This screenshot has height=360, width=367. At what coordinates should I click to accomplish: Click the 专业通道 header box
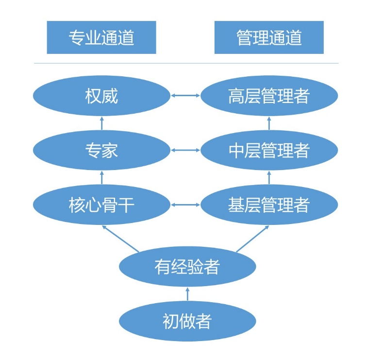pos(101,37)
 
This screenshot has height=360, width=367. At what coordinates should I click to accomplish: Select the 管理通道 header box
pos(269,37)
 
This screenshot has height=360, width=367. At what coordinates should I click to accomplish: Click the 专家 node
pos(101,151)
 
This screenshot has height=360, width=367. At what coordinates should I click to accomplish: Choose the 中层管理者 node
pos(269,151)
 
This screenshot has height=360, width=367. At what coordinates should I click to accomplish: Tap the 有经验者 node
pos(187,266)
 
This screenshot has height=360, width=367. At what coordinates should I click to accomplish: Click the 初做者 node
pos(187,321)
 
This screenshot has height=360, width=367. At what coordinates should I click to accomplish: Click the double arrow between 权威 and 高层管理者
pos(185,96)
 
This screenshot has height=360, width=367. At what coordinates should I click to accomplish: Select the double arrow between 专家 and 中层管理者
pos(185,150)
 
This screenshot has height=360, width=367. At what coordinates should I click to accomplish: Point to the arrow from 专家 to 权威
pos(101,123)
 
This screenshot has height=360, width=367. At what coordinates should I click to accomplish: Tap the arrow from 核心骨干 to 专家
pos(101,178)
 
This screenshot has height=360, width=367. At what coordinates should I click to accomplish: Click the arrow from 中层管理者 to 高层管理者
pos(269,123)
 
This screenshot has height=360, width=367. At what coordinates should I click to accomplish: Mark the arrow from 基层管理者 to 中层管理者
pos(269,178)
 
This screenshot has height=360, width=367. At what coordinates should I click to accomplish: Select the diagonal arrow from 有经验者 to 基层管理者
pos(252,238)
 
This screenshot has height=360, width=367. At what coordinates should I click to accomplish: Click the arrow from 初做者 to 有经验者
pos(187,293)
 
